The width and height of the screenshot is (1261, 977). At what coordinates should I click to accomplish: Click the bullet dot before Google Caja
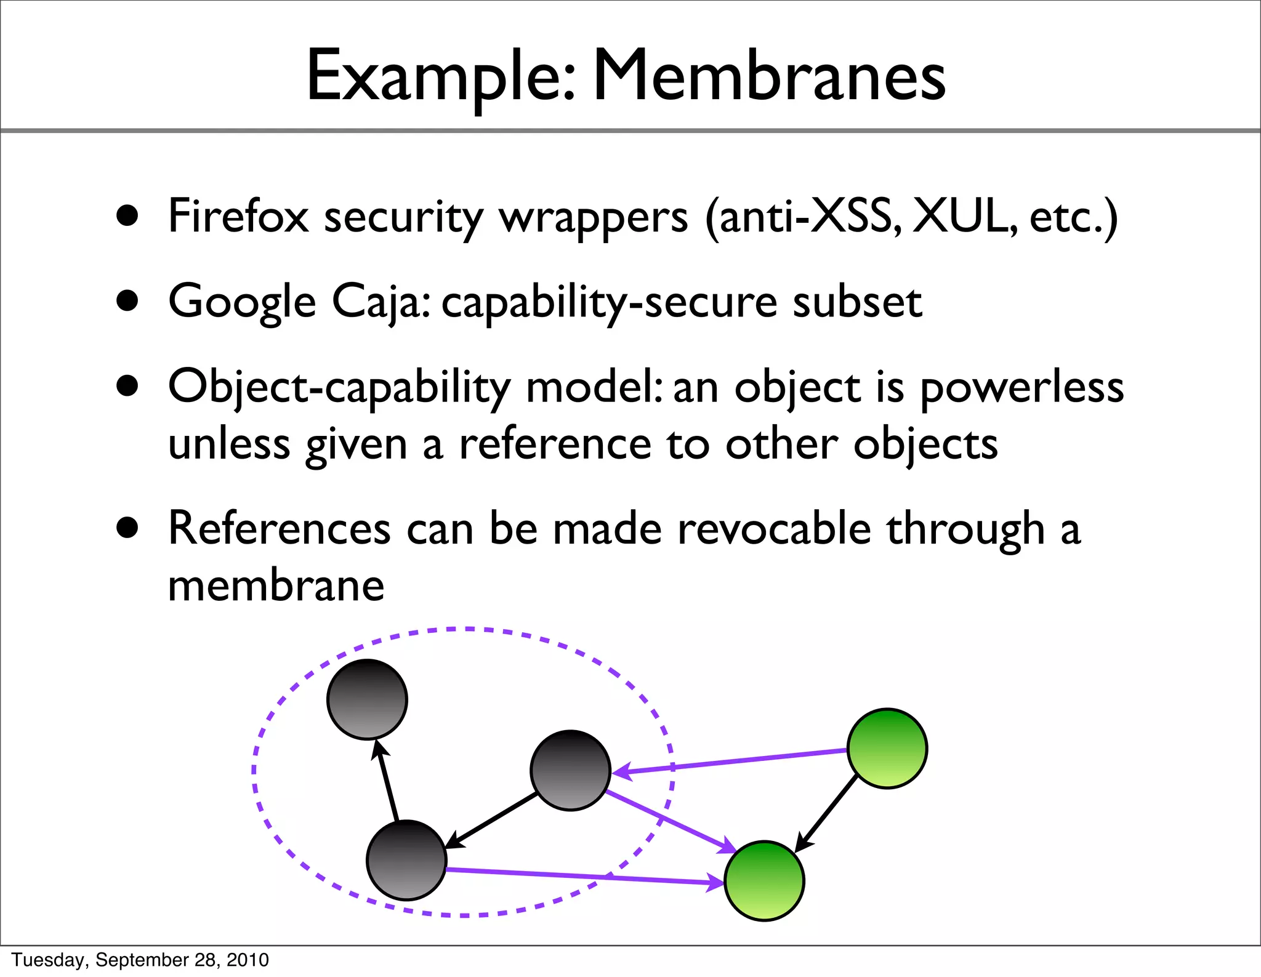pyautogui.click(x=127, y=301)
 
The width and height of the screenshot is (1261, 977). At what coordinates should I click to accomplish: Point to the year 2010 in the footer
pyautogui.click(x=248, y=960)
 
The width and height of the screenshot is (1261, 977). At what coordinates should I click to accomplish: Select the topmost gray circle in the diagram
pyautogui.click(x=367, y=699)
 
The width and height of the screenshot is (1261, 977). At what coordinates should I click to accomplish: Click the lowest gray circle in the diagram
pyautogui.click(x=406, y=860)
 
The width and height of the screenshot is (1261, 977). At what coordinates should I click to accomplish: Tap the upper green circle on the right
pyautogui.click(x=887, y=748)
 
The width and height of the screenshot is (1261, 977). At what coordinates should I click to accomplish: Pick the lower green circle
pyautogui.click(x=764, y=881)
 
